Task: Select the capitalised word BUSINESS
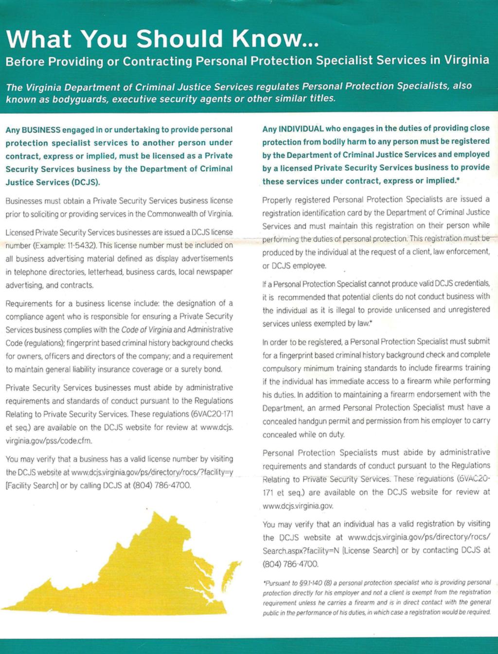tap(41, 130)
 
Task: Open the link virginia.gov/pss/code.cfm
tap(49, 441)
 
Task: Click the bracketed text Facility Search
tap(32, 485)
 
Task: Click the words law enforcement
tap(457, 252)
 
